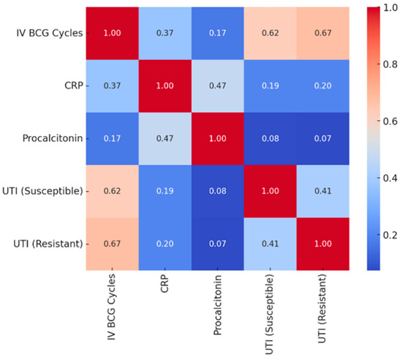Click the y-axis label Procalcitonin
[x=49, y=138]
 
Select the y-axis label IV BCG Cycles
[x=44, y=33]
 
